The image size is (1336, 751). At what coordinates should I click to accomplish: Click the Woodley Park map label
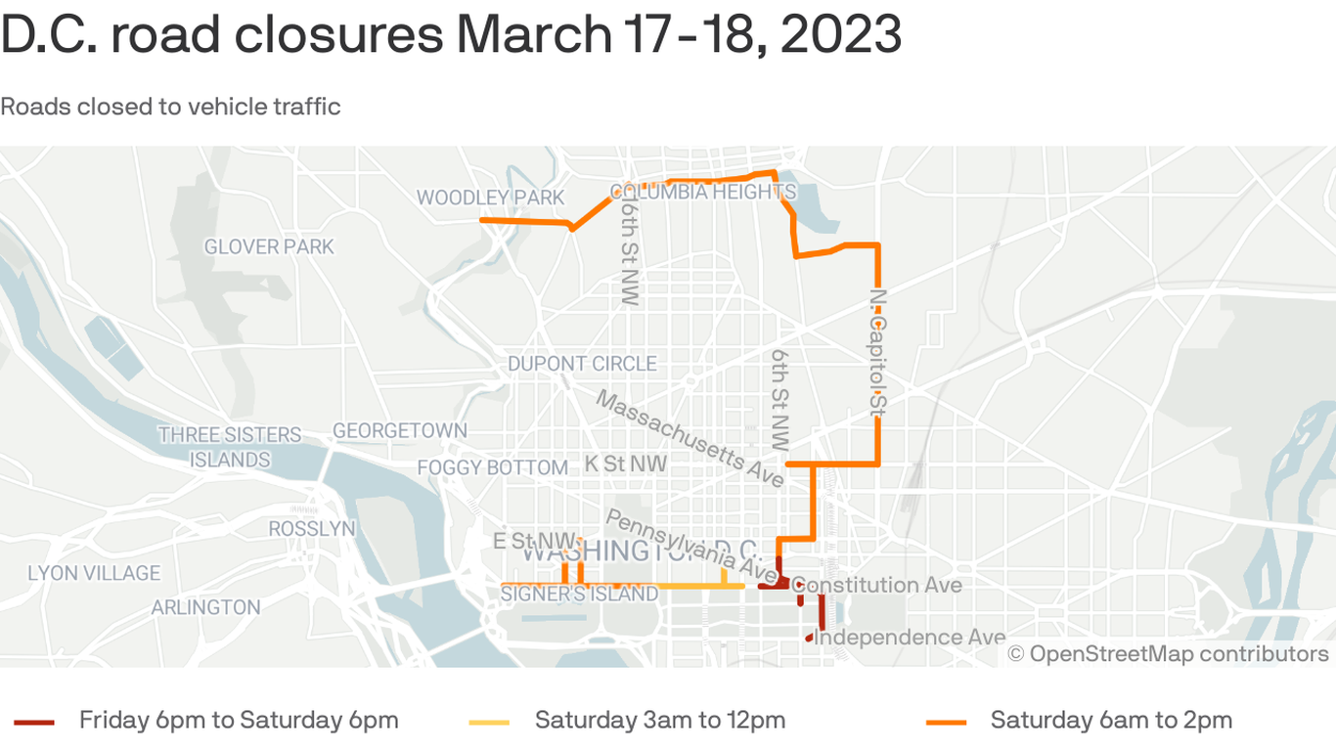coord(490,198)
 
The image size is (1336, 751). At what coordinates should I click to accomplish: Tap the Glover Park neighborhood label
coord(269,246)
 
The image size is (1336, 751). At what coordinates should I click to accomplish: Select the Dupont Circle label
coord(582,364)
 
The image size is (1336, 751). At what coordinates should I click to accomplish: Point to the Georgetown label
coord(400,430)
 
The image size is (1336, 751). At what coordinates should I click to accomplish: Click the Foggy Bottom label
coord(492,467)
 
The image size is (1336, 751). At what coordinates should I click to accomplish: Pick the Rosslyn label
coord(312,528)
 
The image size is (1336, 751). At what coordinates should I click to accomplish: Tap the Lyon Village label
coord(94,573)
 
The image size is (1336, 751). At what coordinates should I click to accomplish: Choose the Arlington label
coord(205,607)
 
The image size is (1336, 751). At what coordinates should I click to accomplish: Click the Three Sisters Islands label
coord(230,447)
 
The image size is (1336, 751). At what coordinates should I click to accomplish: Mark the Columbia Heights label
coord(703,192)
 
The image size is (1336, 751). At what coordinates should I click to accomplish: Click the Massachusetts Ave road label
coord(690,439)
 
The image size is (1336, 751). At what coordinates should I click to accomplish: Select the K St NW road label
coord(626,464)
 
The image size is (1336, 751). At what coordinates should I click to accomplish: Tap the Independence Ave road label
coord(910,638)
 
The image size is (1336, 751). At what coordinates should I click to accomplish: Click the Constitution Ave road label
coord(876,585)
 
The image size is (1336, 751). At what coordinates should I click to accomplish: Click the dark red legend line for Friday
coord(34,722)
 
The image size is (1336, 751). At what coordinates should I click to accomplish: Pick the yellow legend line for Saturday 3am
coord(490,722)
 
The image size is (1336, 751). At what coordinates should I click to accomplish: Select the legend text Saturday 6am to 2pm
coord(1110,721)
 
